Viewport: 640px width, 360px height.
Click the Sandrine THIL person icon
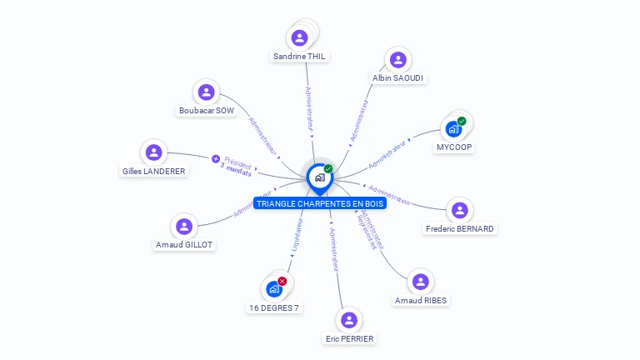coord(300,37)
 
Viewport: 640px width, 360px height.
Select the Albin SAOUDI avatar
coord(398,60)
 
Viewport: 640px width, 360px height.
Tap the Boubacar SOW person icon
coord(207,92)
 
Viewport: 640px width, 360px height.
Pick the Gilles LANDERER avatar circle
coord(153,152)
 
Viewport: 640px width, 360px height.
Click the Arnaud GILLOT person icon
coord(184,226)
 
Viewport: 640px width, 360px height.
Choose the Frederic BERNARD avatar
coord(459,210)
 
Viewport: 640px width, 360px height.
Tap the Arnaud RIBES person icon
coord(421,282)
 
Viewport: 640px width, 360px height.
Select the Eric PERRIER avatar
coord(349,320)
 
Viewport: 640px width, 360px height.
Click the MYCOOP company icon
coord(453,129)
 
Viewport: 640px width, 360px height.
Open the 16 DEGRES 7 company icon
coord(273,289)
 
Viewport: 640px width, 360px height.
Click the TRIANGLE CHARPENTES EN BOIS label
coord(320,203)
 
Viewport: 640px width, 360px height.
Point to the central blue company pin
coord(319,177)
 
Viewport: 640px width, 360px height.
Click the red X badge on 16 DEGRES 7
coord(282,281)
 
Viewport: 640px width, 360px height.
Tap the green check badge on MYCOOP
coord(462,121)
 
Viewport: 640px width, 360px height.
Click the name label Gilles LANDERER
coord(154,171)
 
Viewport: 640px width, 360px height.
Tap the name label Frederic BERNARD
coord(459,228)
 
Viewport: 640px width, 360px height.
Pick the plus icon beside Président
coord(215,158)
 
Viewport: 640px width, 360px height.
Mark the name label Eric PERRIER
coord(349,338)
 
